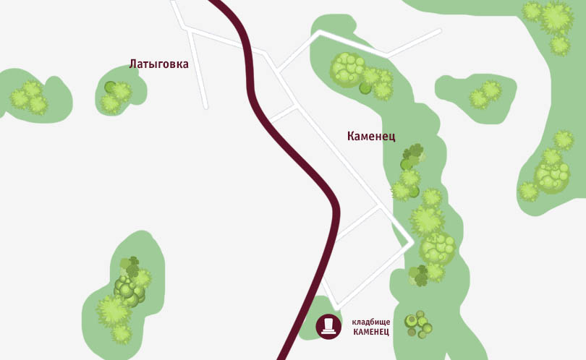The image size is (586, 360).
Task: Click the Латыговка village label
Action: pos(158,64)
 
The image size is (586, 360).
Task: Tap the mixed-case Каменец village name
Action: pos(371,136)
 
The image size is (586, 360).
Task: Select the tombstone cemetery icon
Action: pos(328,326)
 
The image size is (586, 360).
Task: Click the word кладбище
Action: pos(370,321)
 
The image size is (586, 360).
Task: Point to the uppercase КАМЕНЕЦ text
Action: pos(370,332)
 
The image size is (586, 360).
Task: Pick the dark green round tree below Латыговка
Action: pos(110,87)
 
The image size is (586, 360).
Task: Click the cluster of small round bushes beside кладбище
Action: pos(418,324)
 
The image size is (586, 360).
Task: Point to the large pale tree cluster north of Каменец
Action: pos(348,69)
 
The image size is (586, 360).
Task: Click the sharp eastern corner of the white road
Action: pos(412,241)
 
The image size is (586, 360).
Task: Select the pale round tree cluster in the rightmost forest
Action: pos(552,176)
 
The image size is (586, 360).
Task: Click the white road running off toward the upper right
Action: pos(416,43)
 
